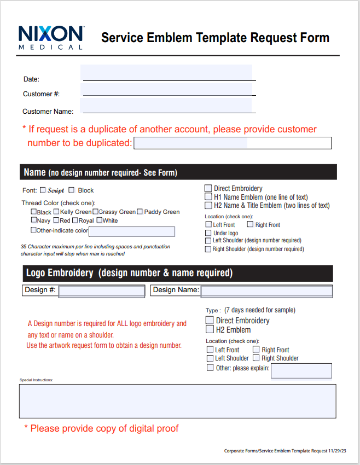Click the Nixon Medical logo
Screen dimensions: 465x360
click(x=51, y=37)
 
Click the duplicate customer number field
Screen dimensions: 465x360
click(x=233, y=143)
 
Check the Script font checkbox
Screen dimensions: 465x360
click(x=43, y=190)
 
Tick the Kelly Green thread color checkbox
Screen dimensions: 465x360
click(x=56, y=212)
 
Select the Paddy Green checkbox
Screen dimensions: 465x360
click(x=140, y=212)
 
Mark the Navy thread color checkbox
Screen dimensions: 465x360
click(x=34, y=220)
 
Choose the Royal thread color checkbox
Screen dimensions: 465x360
click(x=75, y=220)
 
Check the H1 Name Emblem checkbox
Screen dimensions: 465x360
click(x=208, y=197)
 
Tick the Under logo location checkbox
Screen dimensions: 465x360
click(x=208, y=233)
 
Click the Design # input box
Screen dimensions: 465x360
click(x=101, y=290)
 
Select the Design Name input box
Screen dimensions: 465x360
click(x=266, y=290)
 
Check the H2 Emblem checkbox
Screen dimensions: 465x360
click(x=210, y=330)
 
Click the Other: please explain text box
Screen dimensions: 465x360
click(x=301, y=371)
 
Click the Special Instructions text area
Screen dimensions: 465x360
click(x=177, y=401)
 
